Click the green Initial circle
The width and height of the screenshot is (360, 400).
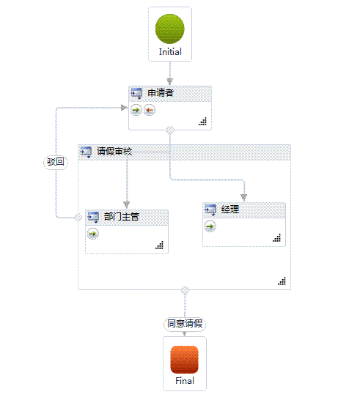coord(170,29)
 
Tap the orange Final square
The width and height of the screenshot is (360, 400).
coord(184,360)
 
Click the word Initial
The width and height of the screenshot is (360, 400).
coord(170,52)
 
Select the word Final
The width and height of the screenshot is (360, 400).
coord(185,381)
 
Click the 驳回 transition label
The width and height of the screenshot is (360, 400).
coord(56,162)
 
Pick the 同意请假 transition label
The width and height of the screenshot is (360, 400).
coord(185,324)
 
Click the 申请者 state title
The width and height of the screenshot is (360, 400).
coord(161,92)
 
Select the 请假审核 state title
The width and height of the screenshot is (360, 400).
coord(114,151)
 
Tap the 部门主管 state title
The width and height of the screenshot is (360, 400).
coord(122,217)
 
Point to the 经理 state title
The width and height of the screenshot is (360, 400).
coord(230,210)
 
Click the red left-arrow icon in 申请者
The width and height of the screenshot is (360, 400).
coord(150,110)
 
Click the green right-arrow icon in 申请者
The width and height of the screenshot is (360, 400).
coord(136,110)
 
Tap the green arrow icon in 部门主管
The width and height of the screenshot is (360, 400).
coord(93,234)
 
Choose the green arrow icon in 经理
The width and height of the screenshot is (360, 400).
coord(210,226)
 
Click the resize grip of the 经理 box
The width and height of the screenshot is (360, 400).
coord(277,238)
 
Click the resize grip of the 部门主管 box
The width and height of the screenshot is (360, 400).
coord(160,245)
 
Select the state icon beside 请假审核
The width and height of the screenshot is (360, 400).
coord(86,152)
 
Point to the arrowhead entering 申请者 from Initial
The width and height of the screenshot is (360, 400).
coord(170,81)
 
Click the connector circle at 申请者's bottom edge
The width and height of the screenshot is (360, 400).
coord(170,130)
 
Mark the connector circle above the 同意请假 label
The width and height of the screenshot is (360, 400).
coord(185,290)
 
